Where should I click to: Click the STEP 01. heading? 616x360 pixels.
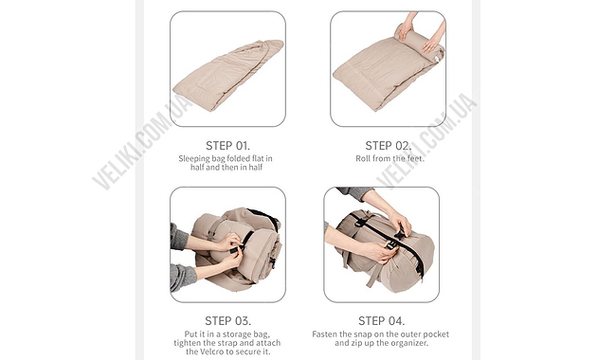pyautogui.click(x=227, y=146)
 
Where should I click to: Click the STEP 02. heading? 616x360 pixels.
pyautogui.click(x=389, y=146)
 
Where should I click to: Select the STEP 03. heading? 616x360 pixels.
pyautogui.click(x=227, y=321)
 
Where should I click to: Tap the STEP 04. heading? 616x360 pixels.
pyautogui.click(x=382, y=321)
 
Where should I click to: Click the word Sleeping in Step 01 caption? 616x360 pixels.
pyautogui.click(x=194, y=159)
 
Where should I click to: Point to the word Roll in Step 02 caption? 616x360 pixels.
pyautogui.click(x=363, y=158)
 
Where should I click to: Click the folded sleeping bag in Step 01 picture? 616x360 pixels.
pyautogui.click(x=228, y=75)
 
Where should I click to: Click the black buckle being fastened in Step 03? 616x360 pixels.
pyautogui.click(x=235, y=250)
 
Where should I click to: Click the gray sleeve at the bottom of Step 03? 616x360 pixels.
pyautogui.click(x=182, y=277)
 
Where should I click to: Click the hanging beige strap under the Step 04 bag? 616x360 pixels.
pyautogui.click(x=371, y=277)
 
